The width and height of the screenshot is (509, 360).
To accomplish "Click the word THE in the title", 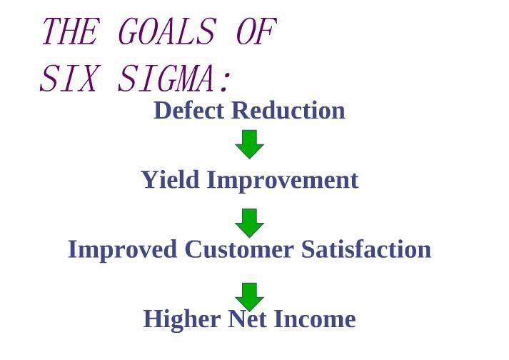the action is click(x=69, y=31).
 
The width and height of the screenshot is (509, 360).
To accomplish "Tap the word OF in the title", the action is click(x=256, y=31).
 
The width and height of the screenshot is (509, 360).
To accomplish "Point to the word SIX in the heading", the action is click(x=69, y=78).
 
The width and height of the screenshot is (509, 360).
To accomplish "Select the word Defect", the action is click(x=189, y=111).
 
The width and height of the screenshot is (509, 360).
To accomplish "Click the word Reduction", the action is click(x=288, y=111).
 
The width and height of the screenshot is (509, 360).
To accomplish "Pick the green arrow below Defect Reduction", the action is click(x=249, y=144).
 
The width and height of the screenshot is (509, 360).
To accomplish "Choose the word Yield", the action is click(x=171, y=180).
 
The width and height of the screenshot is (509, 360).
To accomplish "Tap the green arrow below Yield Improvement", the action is click(x=249, y=223).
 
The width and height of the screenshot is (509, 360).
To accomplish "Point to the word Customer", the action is click(x=239, y=249).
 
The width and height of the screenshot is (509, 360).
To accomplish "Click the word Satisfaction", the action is click(x=366, y=249).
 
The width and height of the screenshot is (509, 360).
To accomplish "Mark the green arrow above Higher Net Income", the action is click(x=249, y=297).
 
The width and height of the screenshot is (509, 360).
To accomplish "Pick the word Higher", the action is click(x=182, y=320).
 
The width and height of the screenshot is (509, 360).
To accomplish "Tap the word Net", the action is click(x=248, y=319).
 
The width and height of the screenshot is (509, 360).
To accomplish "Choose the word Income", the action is click(x=315, y=319).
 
